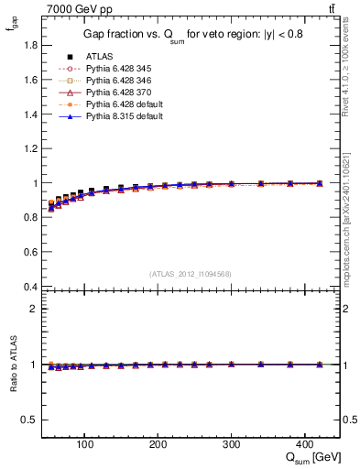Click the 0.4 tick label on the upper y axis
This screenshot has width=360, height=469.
pyautogui.click(x=30, y=287)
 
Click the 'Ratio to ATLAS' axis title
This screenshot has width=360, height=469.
pyautogui.click(x=12, y=364)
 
